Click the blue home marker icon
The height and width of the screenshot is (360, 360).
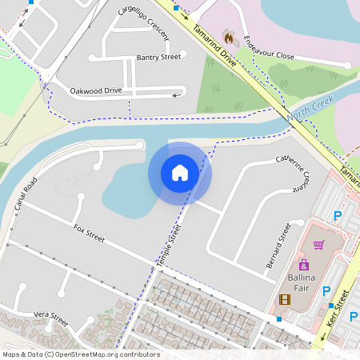179,173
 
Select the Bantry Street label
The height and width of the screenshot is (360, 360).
158,58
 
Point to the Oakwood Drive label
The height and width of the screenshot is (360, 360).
95,90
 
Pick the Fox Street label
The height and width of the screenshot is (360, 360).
89,233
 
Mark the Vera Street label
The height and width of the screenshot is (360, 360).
51,317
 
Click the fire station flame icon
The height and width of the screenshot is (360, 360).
229,36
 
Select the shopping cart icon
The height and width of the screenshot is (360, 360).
318,245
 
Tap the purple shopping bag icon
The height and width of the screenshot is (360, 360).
303,264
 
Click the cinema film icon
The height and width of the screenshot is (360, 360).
285,299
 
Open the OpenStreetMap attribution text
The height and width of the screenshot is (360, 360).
80,354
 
